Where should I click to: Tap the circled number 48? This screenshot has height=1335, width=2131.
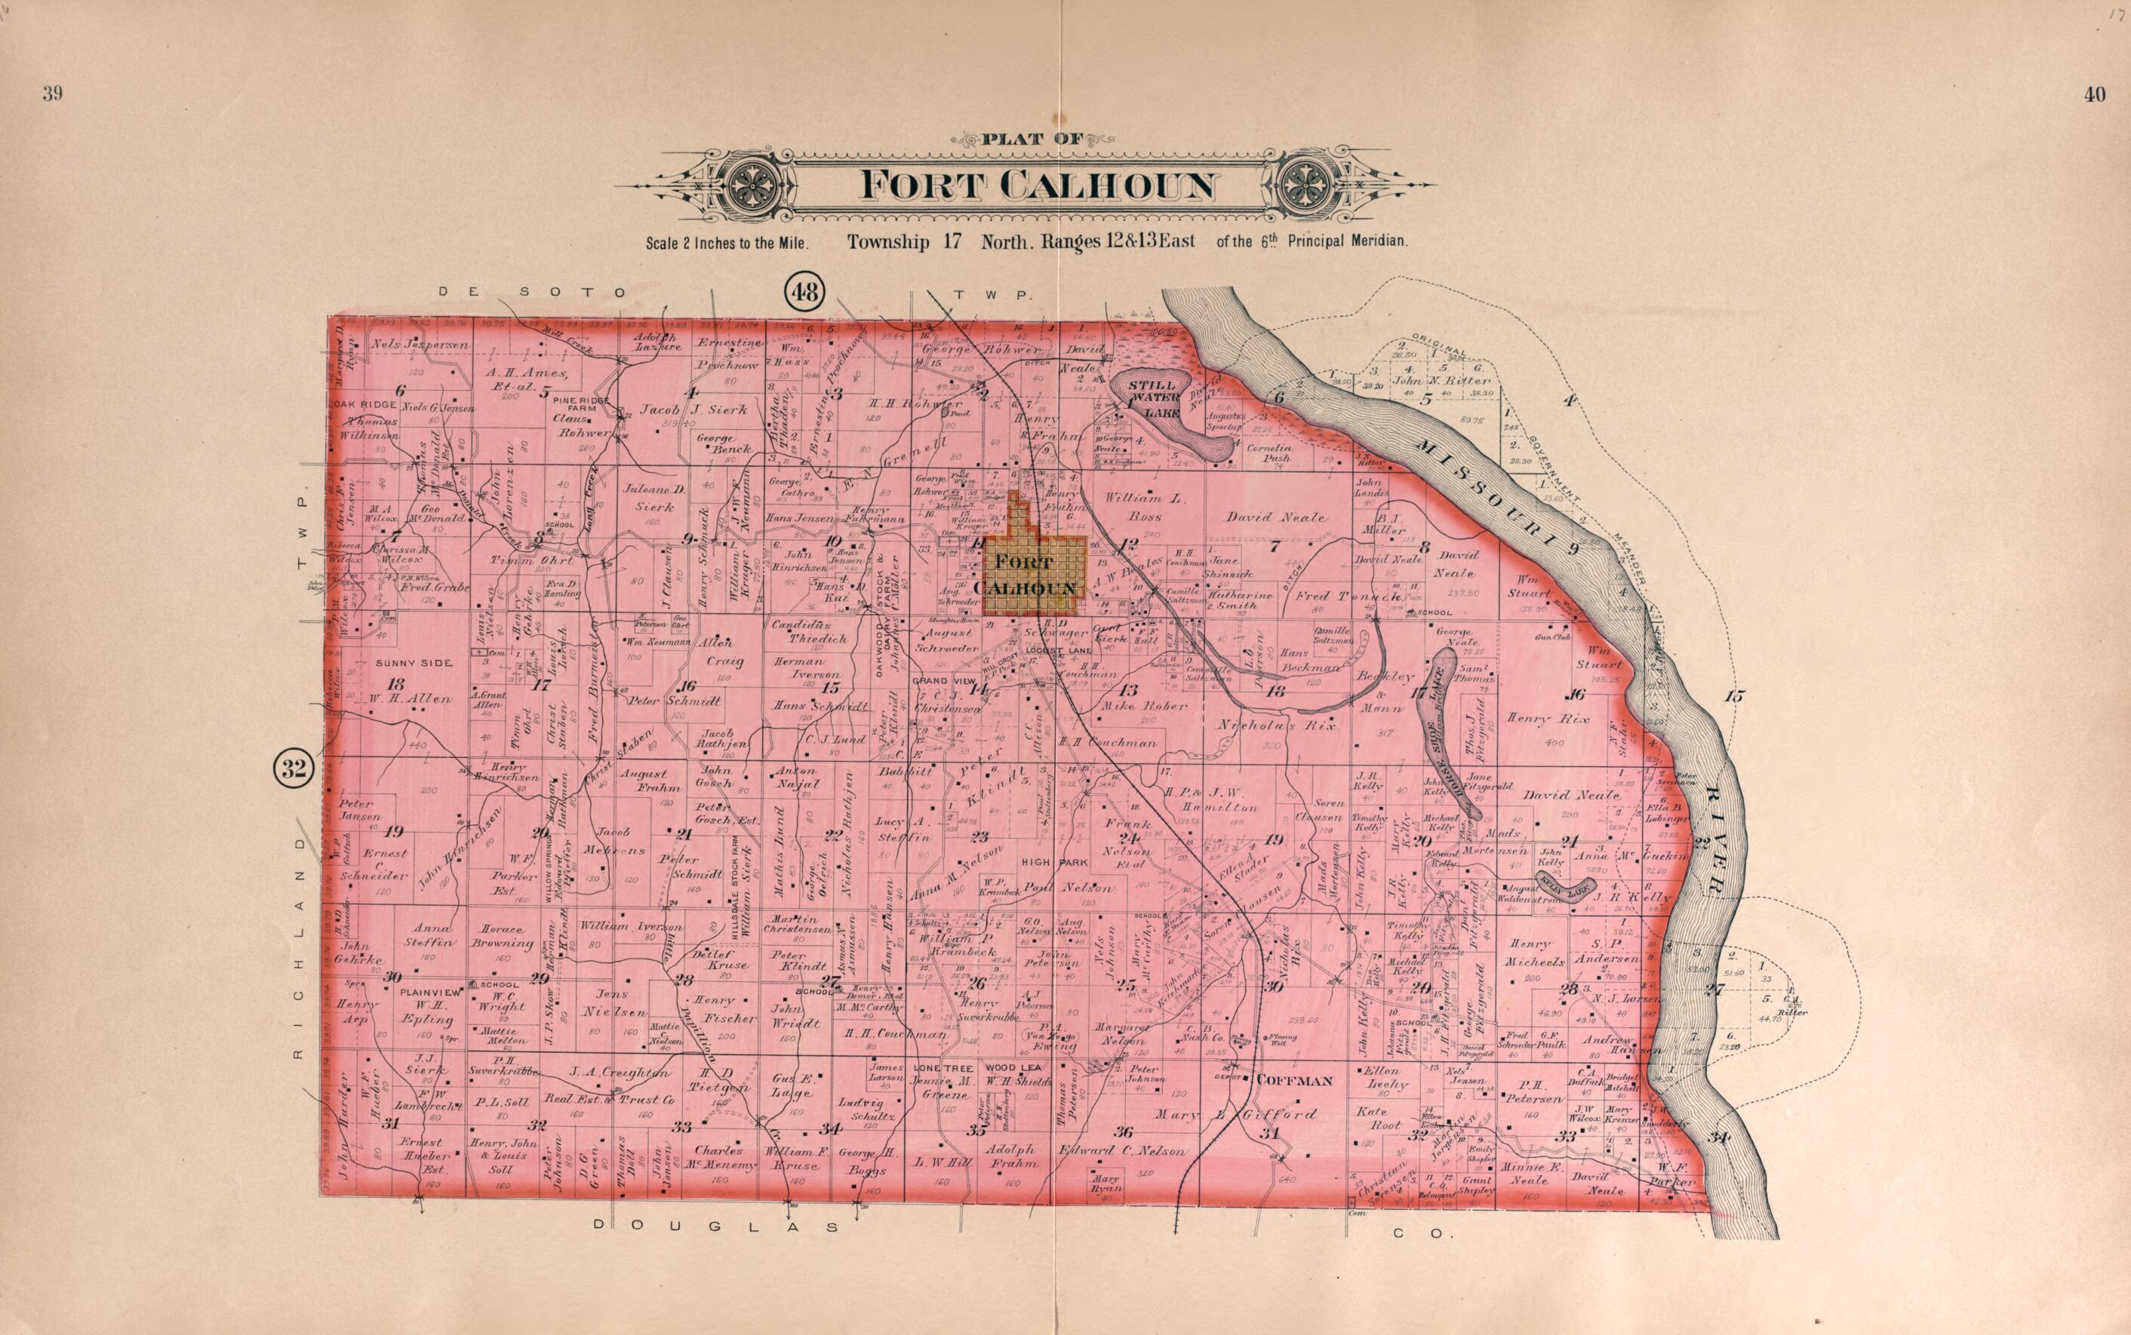click(804, 290)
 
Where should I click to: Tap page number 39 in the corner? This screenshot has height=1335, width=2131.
click(52, 95)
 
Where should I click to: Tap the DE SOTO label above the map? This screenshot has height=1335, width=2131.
click(533, 292)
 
